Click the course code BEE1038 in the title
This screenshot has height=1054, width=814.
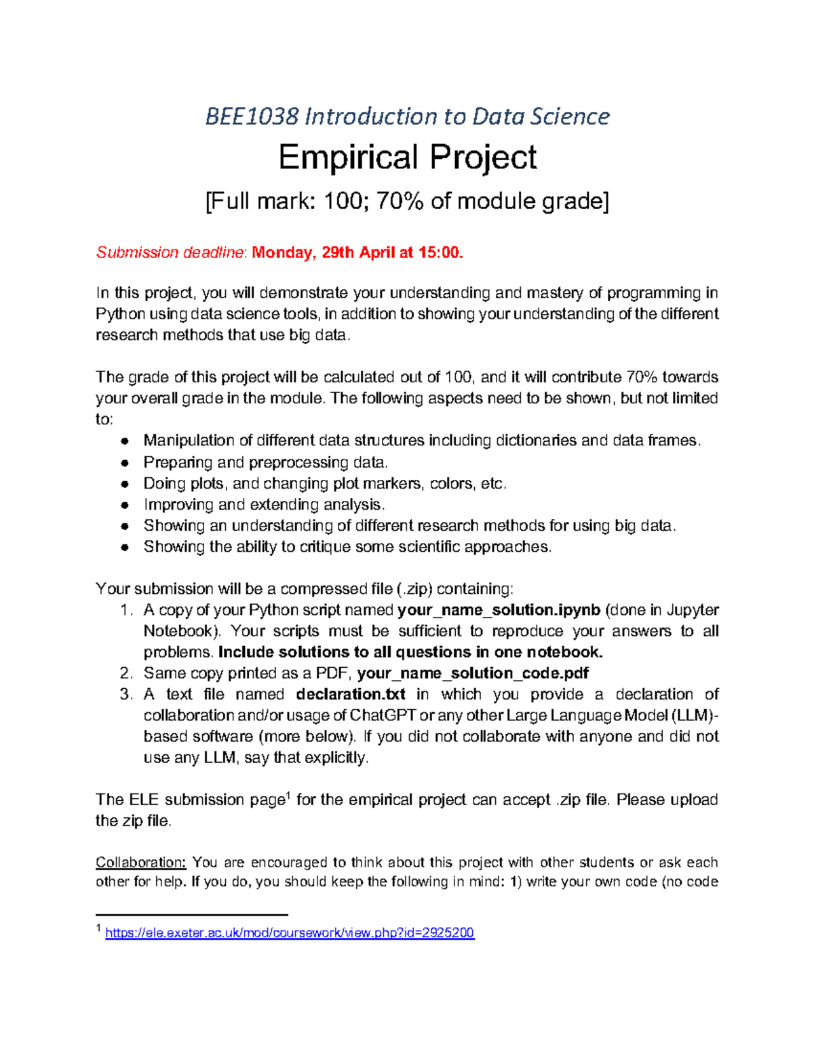(x=252, y=117)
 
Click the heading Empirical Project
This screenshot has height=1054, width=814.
(x=407, y=157)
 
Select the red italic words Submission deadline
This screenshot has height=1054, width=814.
(x=171, y=253)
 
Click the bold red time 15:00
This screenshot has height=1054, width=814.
(x=440, y=253)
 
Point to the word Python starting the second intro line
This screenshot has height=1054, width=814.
(x=120, y=314)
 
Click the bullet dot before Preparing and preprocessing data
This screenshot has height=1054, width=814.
(x=125, y=463)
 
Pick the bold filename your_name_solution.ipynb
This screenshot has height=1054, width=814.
(x=499, y=610)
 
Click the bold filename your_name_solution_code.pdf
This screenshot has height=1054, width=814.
(x=473, y=673)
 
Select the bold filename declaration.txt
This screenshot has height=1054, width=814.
(x=351, y=694)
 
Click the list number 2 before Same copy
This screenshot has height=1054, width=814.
(x=125, y=673)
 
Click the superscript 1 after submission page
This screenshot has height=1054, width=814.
(x=288, y=795)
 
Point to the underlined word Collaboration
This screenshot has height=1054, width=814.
(x=140, y=863)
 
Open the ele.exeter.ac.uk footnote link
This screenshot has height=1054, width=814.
(x=290, y=933)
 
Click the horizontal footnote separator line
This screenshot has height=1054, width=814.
(x=192, y=914)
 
